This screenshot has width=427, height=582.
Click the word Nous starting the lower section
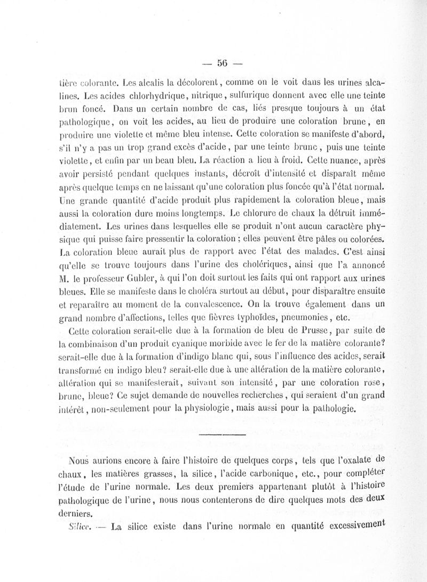click(x=82, y=460)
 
